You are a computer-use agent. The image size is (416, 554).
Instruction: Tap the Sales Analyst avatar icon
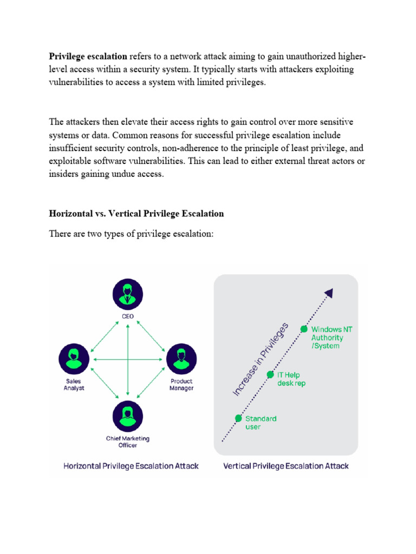[74, 359]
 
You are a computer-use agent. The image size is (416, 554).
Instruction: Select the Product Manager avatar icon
[181, 359]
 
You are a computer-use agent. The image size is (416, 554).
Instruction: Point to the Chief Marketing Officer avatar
[128, 415]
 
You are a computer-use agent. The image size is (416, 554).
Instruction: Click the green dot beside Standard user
[238, 418]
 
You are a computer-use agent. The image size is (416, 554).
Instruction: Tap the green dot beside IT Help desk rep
[270, 374]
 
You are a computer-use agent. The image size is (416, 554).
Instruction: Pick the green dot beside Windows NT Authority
[304, 329]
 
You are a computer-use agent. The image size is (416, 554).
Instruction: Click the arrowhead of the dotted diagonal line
[328, 293]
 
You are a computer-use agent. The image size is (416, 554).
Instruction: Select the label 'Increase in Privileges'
[261, 359]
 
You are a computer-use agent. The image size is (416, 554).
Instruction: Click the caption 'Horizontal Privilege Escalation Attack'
[131, 465]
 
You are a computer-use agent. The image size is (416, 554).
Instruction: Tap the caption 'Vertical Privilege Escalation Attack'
[286, 465]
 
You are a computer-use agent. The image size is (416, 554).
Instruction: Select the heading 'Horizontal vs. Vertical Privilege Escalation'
[136, 213]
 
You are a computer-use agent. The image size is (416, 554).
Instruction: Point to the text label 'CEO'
[128, 316]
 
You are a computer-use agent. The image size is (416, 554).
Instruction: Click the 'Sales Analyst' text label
[74, 384]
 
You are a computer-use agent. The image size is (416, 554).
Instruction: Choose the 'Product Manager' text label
[181, 384]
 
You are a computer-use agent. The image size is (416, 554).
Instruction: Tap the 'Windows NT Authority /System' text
[327, 338]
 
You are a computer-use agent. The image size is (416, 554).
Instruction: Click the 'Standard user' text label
[261, 423]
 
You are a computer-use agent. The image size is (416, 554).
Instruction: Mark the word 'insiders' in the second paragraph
[64, 175]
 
